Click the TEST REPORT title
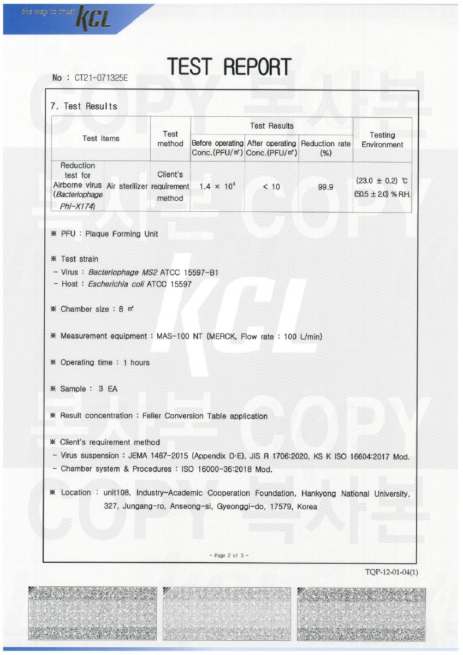(x=229, y=67)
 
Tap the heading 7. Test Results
(x=84, y=106)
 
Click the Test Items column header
(x=100, y=139)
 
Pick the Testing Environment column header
(x=382, y=140)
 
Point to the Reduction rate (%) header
(x=325, y=148)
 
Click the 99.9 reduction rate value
(x=325, y=187)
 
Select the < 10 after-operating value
(x=271, y=187)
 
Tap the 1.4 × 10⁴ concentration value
(x=217, y=187)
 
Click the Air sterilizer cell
(x=127, y=186)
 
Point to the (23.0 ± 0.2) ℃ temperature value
(x=381, y=180)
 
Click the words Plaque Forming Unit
(x=122, y=234)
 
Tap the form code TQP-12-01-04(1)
(x=391, y=572)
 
